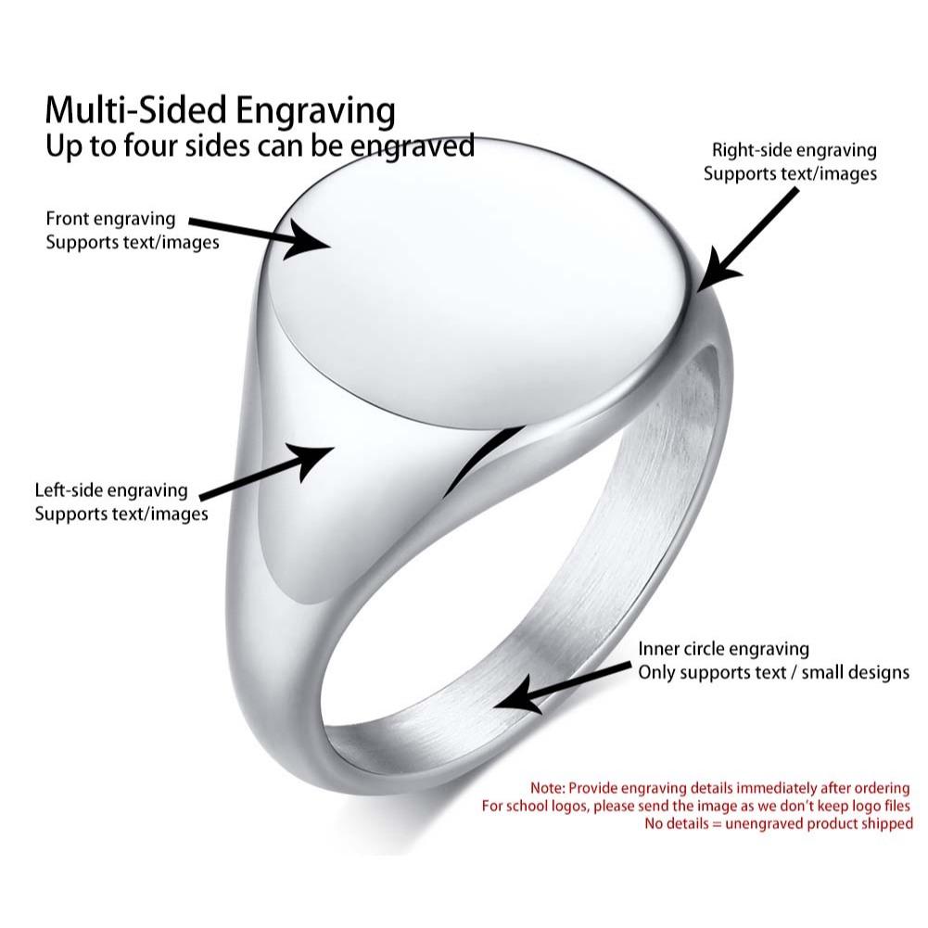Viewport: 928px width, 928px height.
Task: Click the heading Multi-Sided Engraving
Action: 221,110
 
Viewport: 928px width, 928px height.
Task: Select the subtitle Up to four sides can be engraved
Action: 260,146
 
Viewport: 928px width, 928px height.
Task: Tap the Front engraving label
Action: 110,220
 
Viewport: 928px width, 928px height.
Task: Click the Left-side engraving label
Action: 111,490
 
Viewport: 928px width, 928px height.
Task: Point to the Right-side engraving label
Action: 794,150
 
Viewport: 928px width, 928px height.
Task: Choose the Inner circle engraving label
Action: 723,649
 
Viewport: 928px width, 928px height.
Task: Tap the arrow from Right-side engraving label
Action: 746,237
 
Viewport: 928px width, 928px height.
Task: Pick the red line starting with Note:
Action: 720,788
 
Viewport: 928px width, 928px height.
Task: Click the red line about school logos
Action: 696,806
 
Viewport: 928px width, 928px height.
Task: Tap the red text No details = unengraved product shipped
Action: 779,823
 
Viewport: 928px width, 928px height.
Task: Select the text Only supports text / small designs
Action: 773,672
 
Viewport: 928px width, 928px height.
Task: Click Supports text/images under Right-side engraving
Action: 790,173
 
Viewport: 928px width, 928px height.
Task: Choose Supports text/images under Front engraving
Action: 133,243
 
